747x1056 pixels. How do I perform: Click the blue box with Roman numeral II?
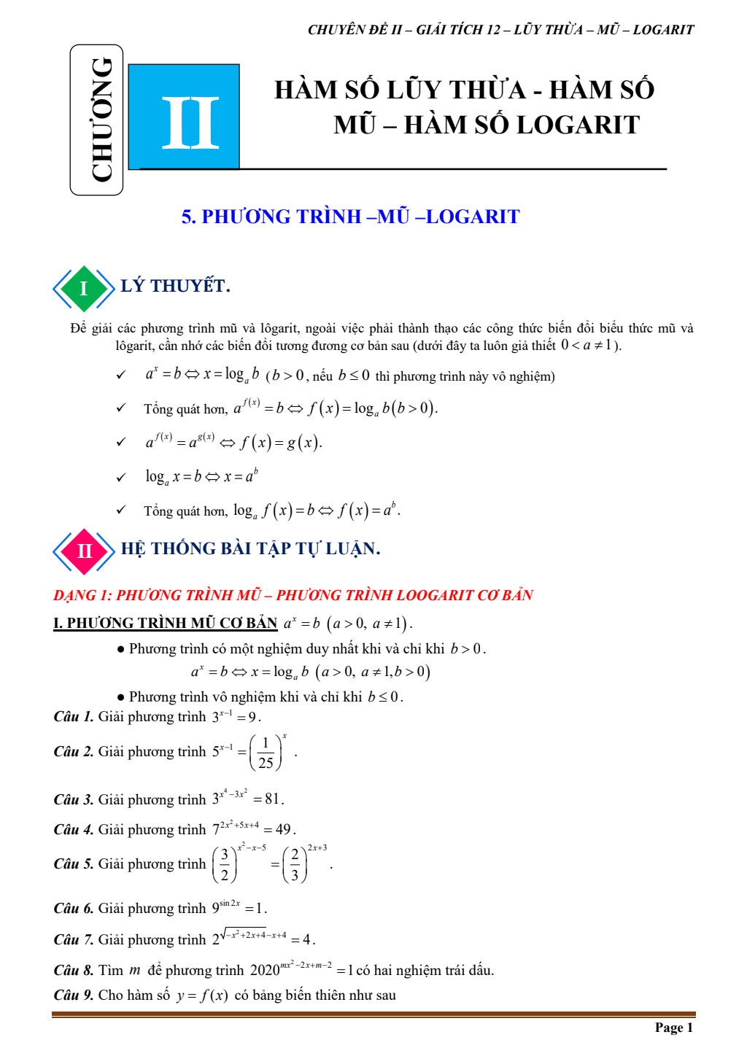[x=184, y=117]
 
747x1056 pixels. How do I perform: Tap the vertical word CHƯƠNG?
[x=102, y=120]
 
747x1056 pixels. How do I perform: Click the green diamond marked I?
[x=84, y=289]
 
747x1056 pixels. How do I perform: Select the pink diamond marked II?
[x=84, y=551]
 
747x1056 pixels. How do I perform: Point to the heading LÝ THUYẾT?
[x=175, y=286]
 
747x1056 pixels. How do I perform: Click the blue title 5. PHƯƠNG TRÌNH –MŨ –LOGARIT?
[x=350, y=217]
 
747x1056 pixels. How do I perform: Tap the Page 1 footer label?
[x=673, y=1028]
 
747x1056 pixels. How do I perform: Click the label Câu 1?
[x=74, y=717]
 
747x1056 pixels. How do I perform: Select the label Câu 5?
[x=74, y=864]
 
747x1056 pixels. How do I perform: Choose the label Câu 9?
[x=74, y=995]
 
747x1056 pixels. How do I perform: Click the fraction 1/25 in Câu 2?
[x=266, y=753]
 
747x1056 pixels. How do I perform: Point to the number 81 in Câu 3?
[x=272, y=799]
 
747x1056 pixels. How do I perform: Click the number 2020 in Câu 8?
[x=265, y=971]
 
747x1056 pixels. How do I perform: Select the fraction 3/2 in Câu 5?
[x=225, y=865]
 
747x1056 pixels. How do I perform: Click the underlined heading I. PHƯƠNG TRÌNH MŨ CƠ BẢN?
[x=166, y=623]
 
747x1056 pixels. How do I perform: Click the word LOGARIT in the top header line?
[x=663, y=30]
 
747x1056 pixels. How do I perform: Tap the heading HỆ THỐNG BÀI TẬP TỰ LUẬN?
[x=250, y=548]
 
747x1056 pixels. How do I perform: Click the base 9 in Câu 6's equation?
[x=216, y=909]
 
